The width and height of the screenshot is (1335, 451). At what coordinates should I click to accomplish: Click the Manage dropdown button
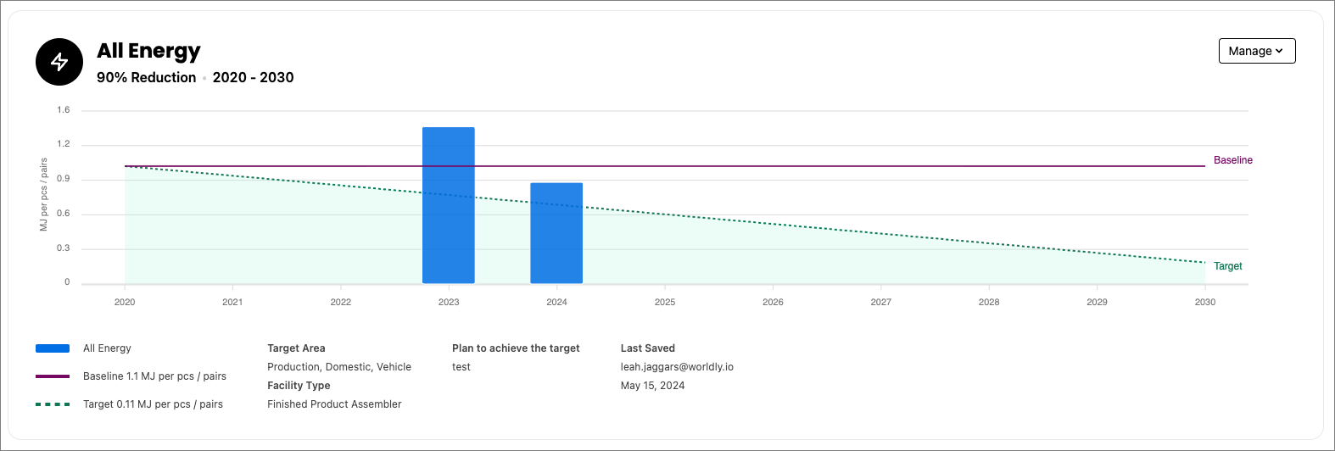coord(1256,51)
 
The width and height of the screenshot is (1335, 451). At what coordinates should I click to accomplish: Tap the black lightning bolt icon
coord(59,62)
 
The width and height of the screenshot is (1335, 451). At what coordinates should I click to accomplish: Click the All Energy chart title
coord(148,51)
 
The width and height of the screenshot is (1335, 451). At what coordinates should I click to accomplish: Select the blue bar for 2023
coord(448,205)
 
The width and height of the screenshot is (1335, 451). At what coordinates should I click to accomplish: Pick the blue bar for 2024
coord(556,233)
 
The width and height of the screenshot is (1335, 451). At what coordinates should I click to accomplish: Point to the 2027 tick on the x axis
coord(881,302)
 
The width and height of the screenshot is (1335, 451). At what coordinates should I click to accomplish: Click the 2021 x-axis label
coord(232,302)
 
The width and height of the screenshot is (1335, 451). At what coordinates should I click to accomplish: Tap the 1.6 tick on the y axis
coord(64,110)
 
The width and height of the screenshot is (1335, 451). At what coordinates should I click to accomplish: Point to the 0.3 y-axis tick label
coord(64,248)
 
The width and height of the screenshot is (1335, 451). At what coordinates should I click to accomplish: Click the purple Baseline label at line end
coord(1232,160)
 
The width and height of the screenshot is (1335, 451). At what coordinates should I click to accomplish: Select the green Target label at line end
coord(1227,266)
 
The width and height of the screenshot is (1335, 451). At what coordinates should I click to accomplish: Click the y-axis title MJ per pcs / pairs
coord(44,194)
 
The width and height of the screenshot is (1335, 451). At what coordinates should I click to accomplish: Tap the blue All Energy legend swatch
coord(53,348)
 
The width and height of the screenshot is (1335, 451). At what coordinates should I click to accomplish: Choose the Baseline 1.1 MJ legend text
coord(154,376)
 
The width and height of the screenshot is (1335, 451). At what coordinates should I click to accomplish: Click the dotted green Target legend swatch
coord(53,404)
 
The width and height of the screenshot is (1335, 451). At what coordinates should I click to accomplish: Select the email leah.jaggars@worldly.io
coord(677,367)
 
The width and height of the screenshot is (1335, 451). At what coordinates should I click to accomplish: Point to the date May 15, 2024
coord(652,386)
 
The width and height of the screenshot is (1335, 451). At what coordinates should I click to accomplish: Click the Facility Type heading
coord(299,386)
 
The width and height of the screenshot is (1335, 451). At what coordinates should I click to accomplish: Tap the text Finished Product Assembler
coord(334,404)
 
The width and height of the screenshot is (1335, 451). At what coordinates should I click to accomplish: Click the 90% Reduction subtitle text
coord(146,77)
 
